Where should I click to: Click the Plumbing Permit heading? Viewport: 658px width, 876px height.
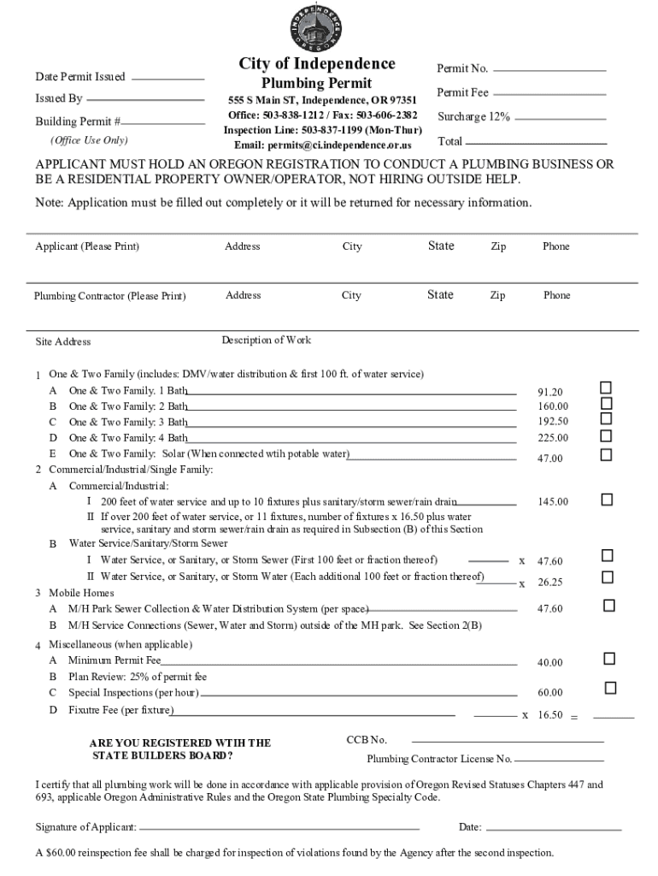click(x=316, y=83)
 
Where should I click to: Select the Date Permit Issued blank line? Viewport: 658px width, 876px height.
click(x=168, y=79)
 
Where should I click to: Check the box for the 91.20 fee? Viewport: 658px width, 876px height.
click(x=606, y=388)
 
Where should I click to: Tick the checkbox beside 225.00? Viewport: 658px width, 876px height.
click(x=606, y=435)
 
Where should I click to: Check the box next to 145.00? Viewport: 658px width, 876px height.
click(x=607, y=499)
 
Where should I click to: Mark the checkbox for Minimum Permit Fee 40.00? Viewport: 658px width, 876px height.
click(x=609, y=659)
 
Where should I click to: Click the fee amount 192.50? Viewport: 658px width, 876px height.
click(x=553, y=422)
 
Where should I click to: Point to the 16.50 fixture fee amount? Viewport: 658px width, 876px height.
click(x=549, y=715)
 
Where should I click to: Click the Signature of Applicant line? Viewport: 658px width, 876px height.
click(x=279, y=829)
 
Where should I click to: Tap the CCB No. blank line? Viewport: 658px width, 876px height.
click(x=508, y=741)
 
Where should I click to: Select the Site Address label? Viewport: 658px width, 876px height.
click(x=62, y=342)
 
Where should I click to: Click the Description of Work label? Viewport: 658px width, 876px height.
click(x=266, y=340)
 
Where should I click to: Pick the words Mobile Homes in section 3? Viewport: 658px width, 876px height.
click(x=81, y=593)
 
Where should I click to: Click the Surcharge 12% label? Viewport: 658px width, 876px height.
click(x=473, y=117)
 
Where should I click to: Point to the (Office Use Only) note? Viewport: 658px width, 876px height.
click(x=89, y=140)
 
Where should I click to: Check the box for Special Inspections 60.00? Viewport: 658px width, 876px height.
click(x=610, y=688)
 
